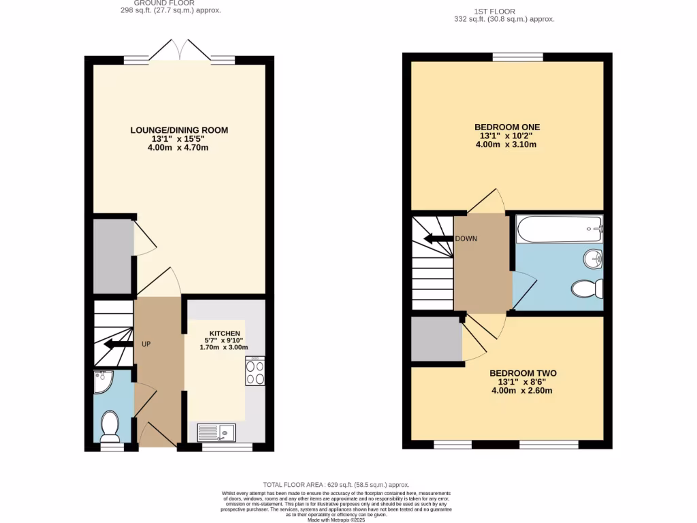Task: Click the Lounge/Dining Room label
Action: click(x=180, y=130)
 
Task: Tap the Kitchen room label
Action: click(x=225, y=333)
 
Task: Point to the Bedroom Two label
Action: click(x=523, y=373)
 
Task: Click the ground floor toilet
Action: click(x=109, y=426)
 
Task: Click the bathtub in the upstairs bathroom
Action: click(x=559, y=229)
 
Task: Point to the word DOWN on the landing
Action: click(x=466, y=239)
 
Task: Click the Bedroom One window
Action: click(x=518, y=58)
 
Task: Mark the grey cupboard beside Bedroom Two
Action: click(x=436, y=339)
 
